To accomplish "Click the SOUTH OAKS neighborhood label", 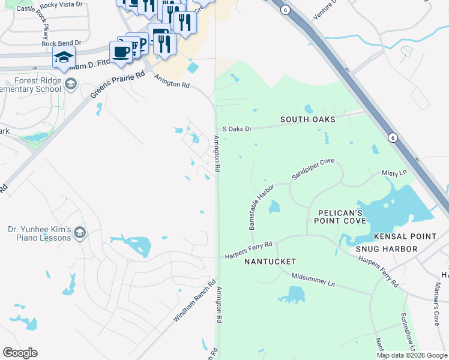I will tap(307, 119).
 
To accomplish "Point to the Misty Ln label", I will tap(394, 173).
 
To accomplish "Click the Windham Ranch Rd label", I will tap(194, 301).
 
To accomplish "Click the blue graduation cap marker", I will tap(64, 57).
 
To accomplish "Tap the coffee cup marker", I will tap(121, 51).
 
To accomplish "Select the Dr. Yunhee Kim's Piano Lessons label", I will tap(40, 233).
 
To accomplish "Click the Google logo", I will tap(20, 353).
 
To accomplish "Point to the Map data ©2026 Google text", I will tap(411, 355).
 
